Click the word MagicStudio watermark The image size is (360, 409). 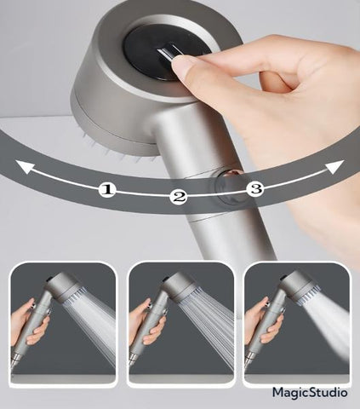309,392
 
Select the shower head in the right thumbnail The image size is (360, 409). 293,288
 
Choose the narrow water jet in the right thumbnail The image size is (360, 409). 328,328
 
